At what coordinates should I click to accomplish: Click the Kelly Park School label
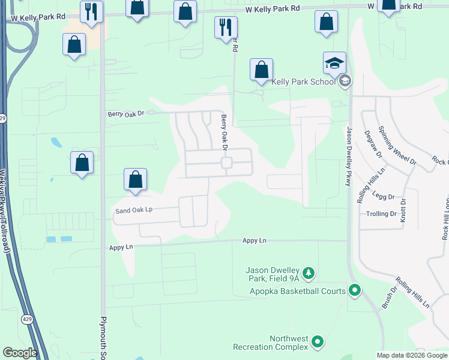tap(303, 82)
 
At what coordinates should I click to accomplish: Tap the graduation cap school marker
tap(334, 62)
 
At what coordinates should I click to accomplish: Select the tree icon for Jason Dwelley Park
tap(309, 274)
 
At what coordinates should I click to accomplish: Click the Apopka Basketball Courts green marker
tap(355, 292)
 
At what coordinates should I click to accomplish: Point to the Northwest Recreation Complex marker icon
tap(318, 343)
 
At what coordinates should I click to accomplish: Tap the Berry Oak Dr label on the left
tap(126, 113)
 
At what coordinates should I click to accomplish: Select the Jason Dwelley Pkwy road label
tap(349, 156)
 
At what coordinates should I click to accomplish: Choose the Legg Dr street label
tap(383, 197)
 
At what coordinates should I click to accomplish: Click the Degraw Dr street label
tap(370, 146)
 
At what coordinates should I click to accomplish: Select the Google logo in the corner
tap(20, 353)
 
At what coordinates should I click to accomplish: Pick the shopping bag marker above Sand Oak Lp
tap(136, 180)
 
